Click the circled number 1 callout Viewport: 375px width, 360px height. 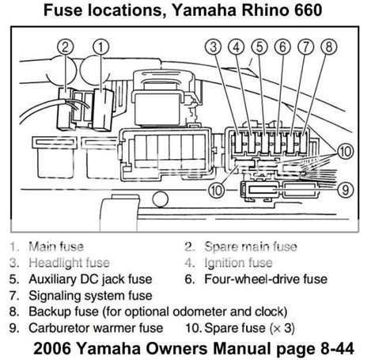[x=100, y=47]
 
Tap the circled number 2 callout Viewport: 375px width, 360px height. [x=66, y=47]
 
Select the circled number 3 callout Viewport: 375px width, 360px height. [x=214, y=47]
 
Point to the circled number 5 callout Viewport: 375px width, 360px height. [x=259, y=47]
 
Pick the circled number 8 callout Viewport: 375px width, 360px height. [x=329, y=47]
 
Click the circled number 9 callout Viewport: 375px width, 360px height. [x=345, y=190]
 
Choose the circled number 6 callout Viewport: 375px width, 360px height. [x=282, y=47]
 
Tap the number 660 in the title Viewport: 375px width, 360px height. [x=308, y=10]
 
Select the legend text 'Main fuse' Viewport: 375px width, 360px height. [x=56, y=247]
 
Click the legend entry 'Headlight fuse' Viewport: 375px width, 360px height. [x=69, y=263]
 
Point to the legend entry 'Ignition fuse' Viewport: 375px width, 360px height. [x=238, y=263]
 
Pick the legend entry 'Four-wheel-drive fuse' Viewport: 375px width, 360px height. [x=266, y=279]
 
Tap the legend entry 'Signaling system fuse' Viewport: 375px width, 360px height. [x=90, y=296]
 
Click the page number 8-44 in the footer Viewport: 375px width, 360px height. [x=337, y=349]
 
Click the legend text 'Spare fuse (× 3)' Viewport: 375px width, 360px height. [x=249, y=328]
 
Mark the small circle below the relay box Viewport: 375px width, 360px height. [x=160, y=199]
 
